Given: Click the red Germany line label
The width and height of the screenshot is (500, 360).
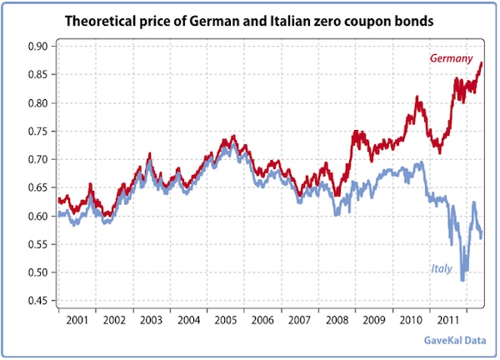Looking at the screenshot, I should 451,58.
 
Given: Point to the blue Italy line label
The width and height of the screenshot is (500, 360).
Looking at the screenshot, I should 442,268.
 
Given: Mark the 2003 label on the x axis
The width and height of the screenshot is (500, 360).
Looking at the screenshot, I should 151,319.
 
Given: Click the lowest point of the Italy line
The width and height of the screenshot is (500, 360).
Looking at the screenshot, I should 462,280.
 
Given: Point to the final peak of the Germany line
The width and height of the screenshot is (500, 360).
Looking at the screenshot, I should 481,63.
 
